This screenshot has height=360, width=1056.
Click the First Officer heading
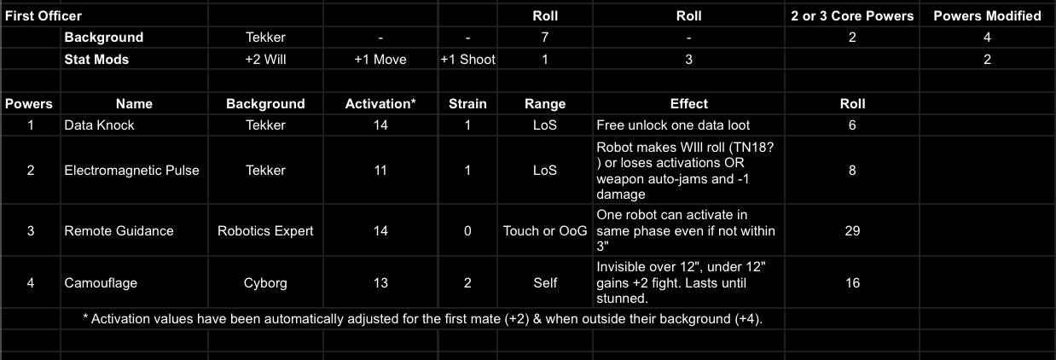(x=44, y=15)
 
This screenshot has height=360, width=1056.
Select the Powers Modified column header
(x=987, y=15)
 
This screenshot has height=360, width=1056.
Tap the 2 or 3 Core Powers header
(x=852, y=15)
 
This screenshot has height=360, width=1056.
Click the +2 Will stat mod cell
(x=265, y=60)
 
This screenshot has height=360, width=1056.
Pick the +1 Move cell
(x=380, y=60)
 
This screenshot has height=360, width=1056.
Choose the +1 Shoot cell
(x=467, y=60)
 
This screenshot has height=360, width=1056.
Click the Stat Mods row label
(x=96, y=60)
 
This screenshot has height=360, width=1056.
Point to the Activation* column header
(x=380, y=104)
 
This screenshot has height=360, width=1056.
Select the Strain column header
(x=467, y=104)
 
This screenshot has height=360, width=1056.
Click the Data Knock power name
(x=100, y=125)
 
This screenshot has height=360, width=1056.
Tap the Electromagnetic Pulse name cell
(x=131, y=171)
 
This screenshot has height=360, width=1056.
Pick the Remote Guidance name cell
(x=119, y=231)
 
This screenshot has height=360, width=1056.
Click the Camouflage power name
(x=101, y=283)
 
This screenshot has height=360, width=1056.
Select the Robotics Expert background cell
(x=265, y=231)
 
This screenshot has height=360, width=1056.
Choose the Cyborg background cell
(x=265, y=283)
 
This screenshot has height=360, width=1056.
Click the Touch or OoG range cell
(x=545, y=231)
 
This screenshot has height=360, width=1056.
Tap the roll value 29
(x=852, y=231)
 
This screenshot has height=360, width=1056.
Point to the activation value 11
(x=380, y=171)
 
